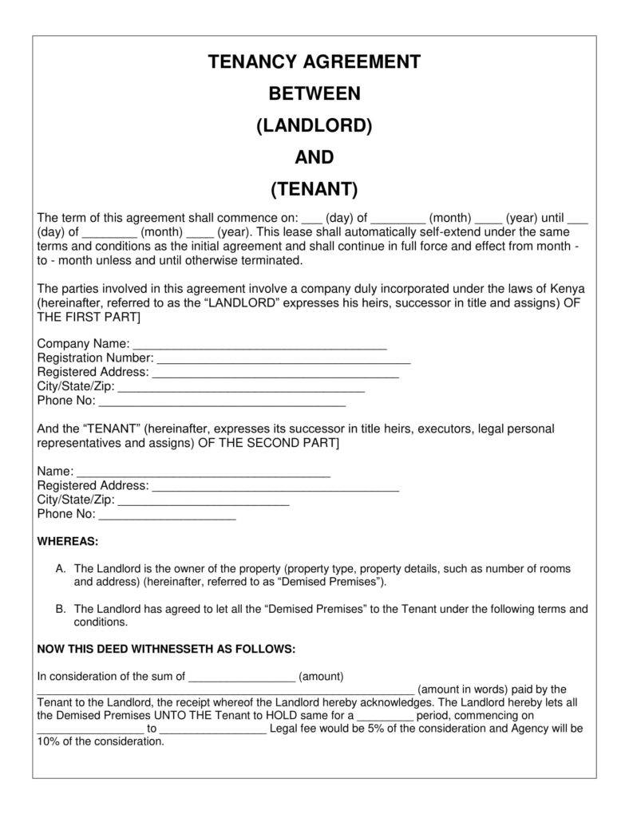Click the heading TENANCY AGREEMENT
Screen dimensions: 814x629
coord(314,62)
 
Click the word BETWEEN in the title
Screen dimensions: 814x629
coord(314,94)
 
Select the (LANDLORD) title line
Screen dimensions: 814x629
coord(314,126)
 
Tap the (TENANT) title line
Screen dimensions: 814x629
coord(314,190)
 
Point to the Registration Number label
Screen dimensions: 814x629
coord(95,358)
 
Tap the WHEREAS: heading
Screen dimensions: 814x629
coord(68,542)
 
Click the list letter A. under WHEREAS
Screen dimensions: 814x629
coord(61,569)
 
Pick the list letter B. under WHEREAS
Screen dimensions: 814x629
coord(61,609)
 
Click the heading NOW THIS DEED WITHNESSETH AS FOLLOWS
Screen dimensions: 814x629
coord(166,649)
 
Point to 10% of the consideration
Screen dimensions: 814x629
coord(100,741)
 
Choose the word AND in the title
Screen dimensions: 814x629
coord(314,158)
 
